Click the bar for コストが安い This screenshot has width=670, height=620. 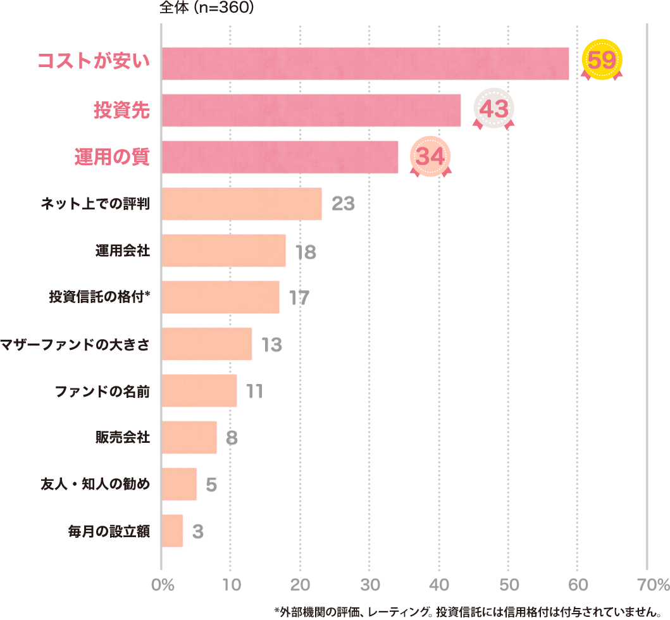(x=365, y=63)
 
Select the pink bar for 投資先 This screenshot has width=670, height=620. (x=311, y=110)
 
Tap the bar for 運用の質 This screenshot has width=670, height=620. (x=280, y=157)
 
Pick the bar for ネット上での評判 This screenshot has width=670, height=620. (x=242, y=204)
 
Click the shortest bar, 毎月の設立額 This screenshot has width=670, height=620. (x=173, y=531)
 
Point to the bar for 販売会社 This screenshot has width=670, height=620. (x=189, y=437)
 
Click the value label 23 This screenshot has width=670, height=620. (x=342, y=204)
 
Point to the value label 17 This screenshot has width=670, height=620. (x=299, y=297)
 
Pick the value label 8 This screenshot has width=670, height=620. (x=232, y=438)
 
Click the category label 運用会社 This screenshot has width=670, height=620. (x=123, y=251)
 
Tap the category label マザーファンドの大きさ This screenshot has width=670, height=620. (x=75, y=344)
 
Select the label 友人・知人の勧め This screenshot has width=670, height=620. (x=95, y=485)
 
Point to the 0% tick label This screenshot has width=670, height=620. (x=163, y=584)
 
